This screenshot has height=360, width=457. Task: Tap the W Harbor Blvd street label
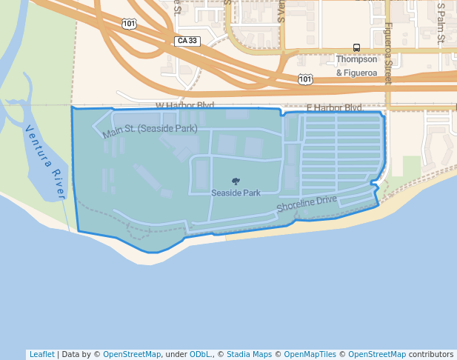(184, 106)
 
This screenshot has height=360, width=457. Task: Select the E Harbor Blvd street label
(333, 108)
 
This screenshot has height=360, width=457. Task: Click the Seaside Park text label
(236, 193)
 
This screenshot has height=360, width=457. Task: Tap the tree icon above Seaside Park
(236, 181)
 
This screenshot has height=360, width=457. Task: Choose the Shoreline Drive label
(307, 204)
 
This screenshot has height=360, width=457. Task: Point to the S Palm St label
(441, 22)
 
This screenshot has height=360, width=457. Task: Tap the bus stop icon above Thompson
(357, 47)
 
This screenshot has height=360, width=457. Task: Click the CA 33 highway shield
(188, 40)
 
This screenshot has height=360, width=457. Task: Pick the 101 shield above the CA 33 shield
(129, 24)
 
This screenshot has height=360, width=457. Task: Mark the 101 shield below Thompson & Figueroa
(304, 79)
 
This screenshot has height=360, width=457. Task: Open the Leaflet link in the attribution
(41, 354)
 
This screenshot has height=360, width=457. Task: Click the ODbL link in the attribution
(200, 354)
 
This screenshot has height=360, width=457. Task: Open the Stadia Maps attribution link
(250, 354)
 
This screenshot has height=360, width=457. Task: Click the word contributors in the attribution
(431, 354)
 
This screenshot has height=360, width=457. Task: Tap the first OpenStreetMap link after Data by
(132, 354)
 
